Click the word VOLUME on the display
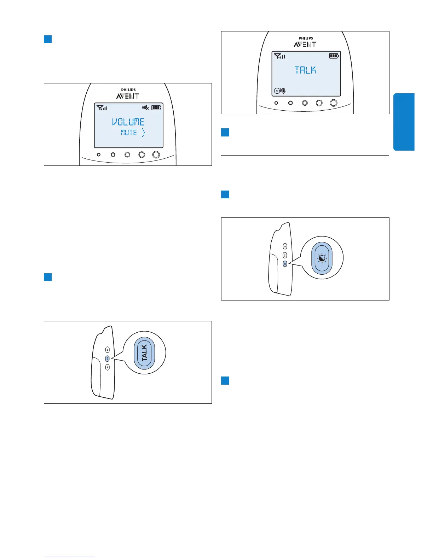click(x=128, y=122)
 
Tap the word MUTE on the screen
click(x=129, y=133)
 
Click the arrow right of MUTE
click(x=143, y=133)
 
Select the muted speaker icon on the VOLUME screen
click(x=145, y=107)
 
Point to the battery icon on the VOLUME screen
click(x=156, y=107)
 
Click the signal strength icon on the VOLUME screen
click(x=102, y=107)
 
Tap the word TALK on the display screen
click(x=305, y=70)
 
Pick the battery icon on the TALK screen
click(x=334, y=56)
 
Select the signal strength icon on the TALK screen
click(x=279, y=56)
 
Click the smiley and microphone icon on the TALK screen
click(x=279, y=91)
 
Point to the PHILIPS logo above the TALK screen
click(x=306, y=38)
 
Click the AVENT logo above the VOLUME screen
click(x=127, y=96)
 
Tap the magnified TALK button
click(x=144, y=353)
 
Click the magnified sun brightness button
click(x=322, y=259)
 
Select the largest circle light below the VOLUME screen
click(x=156, y=154)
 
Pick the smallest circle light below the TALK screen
click(x=276, y=103)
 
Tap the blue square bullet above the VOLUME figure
click(x=48, y=39)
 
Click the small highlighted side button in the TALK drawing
click(x=108, y=358)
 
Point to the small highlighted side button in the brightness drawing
click(x=285, y=264)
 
